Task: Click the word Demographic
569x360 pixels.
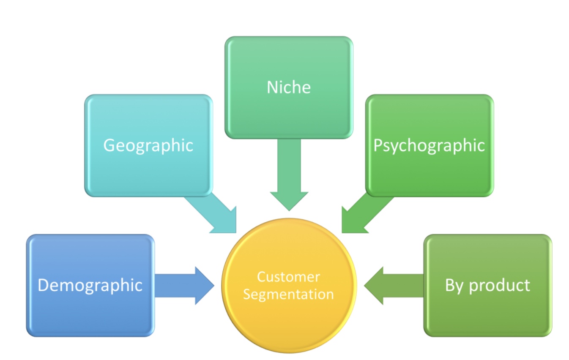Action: tap(90, 286)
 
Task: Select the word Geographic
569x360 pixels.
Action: tap(148, 146)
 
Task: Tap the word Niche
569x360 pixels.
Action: tap(289, 87)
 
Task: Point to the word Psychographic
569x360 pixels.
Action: tap(429, 146)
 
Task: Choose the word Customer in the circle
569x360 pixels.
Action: tap(289, 277)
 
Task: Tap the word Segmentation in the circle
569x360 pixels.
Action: tap(289, 294)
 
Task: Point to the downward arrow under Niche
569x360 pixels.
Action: tap(289, 173)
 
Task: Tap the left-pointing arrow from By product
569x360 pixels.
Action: tap(393, 286)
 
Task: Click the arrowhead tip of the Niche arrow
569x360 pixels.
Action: tap(289, 208)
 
